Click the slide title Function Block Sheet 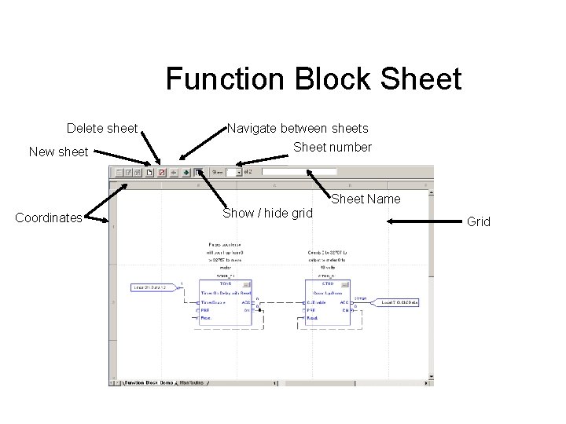tap(313, 79)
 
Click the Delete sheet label tap(102, 128)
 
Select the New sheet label tap(58, 152)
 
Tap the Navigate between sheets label tap(297, 128)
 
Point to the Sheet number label tap(333, 147)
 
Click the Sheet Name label tap(366, 199)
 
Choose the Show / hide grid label tap(267, 214)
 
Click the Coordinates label tap(49, 218)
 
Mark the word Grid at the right tap(478, 221)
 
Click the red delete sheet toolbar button tap(162, 171)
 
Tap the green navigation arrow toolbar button tap(186, 171)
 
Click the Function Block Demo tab tap(148, 383)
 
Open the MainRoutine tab tap(192, 383)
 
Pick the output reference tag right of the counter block tap(399, 302)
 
